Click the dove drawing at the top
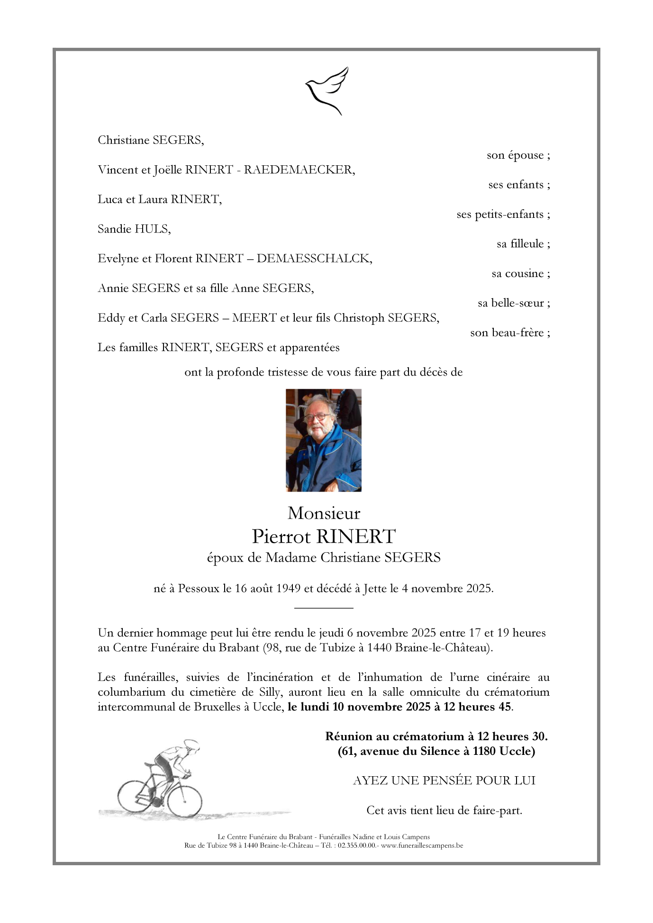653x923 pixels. point(326,90)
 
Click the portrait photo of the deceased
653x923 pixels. point(324,440)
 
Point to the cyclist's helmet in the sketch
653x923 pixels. point(192,744)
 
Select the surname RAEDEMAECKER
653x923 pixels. point(299,170)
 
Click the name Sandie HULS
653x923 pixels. point(134,229)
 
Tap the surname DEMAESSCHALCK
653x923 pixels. point(314,259)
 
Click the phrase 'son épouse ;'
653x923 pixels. point(518,155)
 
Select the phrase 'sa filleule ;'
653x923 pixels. point(523,244)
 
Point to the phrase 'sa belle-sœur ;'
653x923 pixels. point(514,303)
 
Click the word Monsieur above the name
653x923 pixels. point(324,513)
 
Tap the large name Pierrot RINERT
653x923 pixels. point(324,537)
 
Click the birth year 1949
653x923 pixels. point(288,589)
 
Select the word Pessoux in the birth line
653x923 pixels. point(199,589)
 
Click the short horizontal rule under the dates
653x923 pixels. point(324,608)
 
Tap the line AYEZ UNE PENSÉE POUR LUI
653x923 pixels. point(444,781)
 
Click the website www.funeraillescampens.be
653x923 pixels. point(422,845)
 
